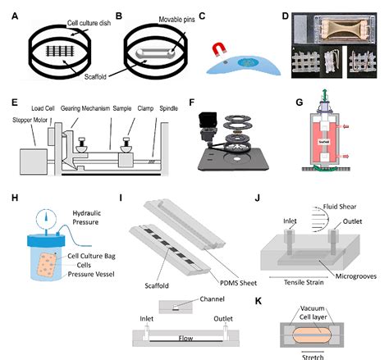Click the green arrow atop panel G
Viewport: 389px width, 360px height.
pos(308,105)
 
